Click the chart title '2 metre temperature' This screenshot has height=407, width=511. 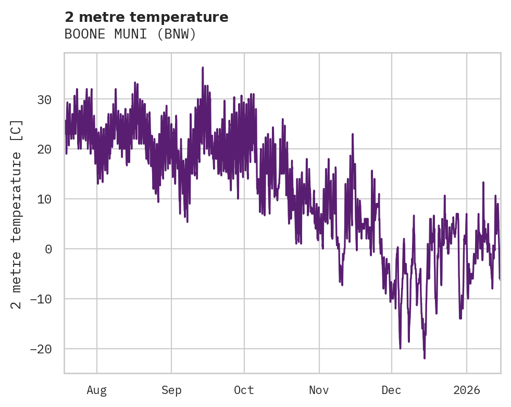tap(146, 17)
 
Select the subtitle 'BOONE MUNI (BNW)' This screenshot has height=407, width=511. tap(130, 34)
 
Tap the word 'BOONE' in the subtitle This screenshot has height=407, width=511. tap(81, 34)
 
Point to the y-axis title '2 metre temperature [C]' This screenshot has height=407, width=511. tap(17, 214)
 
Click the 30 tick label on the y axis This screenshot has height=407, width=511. tap(45, 99)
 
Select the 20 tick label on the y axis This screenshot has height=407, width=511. tap(45, 149)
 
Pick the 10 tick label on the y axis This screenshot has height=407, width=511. tap(45, 199)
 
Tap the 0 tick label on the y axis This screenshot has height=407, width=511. tap(48, 249)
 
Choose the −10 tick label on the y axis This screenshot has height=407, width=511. tap(42, 299)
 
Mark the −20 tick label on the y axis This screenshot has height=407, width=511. tap(42, 349)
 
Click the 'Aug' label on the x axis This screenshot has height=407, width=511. tap(96, 390)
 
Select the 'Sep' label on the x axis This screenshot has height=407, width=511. tap(171, 390)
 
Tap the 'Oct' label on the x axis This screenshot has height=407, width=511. tap(244, 390)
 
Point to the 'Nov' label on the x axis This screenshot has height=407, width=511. tap(319, 390)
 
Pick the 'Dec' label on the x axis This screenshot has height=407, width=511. tap(391, 390)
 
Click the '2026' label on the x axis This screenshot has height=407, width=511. tap(466, 390)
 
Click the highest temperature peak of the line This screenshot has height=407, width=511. tap(203, 68)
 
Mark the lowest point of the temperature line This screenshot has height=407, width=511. tap(425, 358)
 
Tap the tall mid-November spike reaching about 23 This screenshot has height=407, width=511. tap(353, 134)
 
